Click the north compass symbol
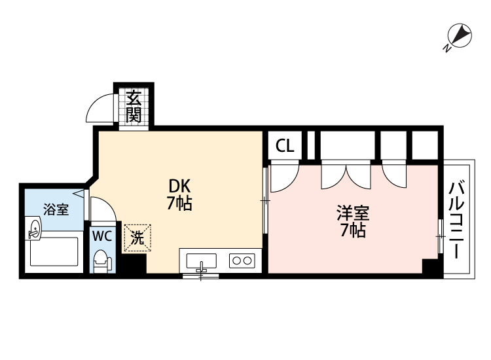coord(460,35)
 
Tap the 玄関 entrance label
coord(134,107)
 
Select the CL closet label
coord(285,145)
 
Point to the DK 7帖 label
coord(179,194)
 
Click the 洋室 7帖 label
coord(353,221)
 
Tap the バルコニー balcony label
coord(456,220)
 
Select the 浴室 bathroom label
coord(56,209)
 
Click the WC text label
coord(102,236)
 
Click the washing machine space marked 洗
coord(137,238)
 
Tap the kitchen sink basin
coord(201,261)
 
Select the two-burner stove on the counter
coord(242,261)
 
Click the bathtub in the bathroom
coord(54,252)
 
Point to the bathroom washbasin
coord(34,229)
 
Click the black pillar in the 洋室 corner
coord(430,266)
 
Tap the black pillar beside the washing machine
coord(134,263)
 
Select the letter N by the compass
coord(447,48)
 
